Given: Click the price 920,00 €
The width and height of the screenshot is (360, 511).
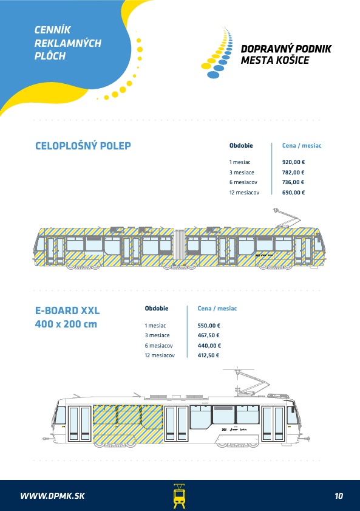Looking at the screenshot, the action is [293, 162].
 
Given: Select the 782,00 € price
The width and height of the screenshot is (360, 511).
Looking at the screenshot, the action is [293, 173].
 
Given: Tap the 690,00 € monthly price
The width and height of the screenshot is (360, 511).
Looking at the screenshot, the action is [293, 192].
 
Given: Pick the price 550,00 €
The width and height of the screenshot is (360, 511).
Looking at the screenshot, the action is [209, 325].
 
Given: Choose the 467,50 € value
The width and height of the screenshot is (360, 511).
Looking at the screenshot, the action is [208, 335].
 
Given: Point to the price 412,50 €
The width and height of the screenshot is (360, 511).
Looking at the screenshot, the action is [208, 355].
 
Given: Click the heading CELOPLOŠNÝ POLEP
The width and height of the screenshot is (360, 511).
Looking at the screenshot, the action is [83, 146].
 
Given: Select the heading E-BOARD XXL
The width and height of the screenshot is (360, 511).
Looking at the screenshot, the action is [67, 310].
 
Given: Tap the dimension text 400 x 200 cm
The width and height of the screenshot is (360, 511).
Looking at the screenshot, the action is [66, 324].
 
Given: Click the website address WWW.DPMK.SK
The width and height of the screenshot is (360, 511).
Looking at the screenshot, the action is [52, 496].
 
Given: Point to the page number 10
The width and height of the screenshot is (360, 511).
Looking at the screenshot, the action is [339, 496].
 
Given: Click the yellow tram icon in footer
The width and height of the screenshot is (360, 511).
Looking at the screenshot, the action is [179, 496].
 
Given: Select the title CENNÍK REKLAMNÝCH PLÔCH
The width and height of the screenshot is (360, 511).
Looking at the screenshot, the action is [68, 43].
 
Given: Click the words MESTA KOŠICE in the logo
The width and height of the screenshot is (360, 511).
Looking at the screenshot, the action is [275, 60].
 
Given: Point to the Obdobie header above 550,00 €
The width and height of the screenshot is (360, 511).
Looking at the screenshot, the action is [157, 308].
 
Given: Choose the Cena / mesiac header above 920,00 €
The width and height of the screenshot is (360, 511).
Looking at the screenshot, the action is [301, 146].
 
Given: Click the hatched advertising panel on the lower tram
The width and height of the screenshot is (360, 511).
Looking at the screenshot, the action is [128, 424].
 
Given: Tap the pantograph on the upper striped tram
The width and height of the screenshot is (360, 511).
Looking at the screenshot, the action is [287, 218].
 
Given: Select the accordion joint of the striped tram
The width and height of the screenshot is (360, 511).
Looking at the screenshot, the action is [179, 248].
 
